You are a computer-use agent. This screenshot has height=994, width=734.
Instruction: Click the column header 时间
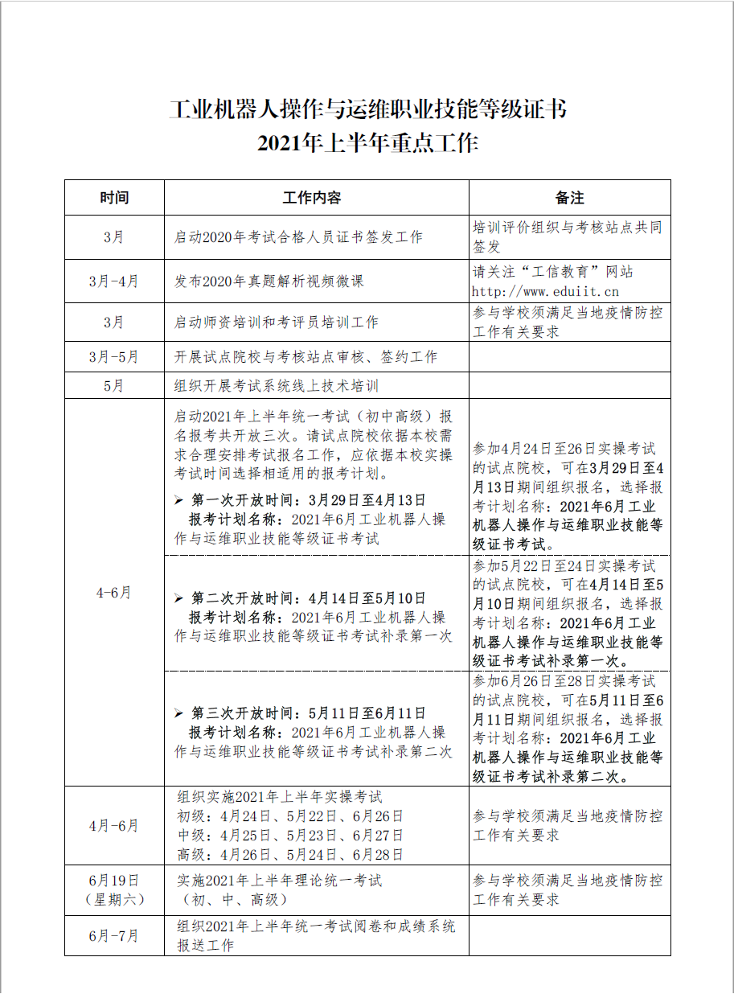114,198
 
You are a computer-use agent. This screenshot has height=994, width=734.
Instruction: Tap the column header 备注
569,198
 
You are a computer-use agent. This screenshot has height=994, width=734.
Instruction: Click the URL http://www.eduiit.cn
545,292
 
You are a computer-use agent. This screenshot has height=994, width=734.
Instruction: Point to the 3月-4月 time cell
114,281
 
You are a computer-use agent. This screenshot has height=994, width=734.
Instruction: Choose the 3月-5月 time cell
114,356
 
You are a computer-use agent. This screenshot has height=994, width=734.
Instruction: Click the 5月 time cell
114,385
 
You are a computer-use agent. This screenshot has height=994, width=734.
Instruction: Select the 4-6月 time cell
114,593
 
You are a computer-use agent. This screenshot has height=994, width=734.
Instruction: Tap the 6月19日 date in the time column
114,881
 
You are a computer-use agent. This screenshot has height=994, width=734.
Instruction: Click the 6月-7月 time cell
114,936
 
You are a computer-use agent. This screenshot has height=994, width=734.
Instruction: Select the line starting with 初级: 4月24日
290,816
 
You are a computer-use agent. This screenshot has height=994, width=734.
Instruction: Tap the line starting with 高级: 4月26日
290,855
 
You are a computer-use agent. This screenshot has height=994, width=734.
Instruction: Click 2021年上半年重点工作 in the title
367,144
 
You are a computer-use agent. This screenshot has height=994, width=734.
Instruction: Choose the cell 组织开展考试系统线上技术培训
277,385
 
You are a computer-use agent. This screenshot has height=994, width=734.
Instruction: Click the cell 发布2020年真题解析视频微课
269,281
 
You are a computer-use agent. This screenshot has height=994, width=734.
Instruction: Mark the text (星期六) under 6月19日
114,900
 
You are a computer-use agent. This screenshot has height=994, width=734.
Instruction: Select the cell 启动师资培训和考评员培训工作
277,322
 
